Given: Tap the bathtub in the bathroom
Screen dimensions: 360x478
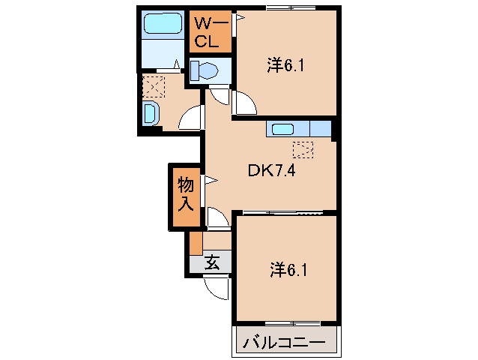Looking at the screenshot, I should pos(163,25).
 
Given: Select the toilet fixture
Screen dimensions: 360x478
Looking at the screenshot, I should pos(204,71).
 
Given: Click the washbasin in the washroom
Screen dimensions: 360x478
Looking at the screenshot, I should pos(149,114).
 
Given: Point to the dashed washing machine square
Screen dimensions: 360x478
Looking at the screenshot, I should pos(153,86).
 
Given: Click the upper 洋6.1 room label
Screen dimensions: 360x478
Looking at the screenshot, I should pos(284,66).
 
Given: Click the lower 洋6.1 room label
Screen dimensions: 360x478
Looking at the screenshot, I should pos(284,268).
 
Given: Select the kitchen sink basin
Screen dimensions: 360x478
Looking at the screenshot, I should pos(283,128).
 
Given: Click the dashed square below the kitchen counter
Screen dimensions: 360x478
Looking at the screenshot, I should pos(303,149).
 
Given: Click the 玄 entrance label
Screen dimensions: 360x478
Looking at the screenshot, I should pos(212,262).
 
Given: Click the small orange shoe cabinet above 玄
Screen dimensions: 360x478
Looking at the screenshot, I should pos(196,244).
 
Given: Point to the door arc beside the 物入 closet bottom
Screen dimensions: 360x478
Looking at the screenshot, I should pos(218,217).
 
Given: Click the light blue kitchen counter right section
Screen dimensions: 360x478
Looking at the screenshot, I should pos(320,128).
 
